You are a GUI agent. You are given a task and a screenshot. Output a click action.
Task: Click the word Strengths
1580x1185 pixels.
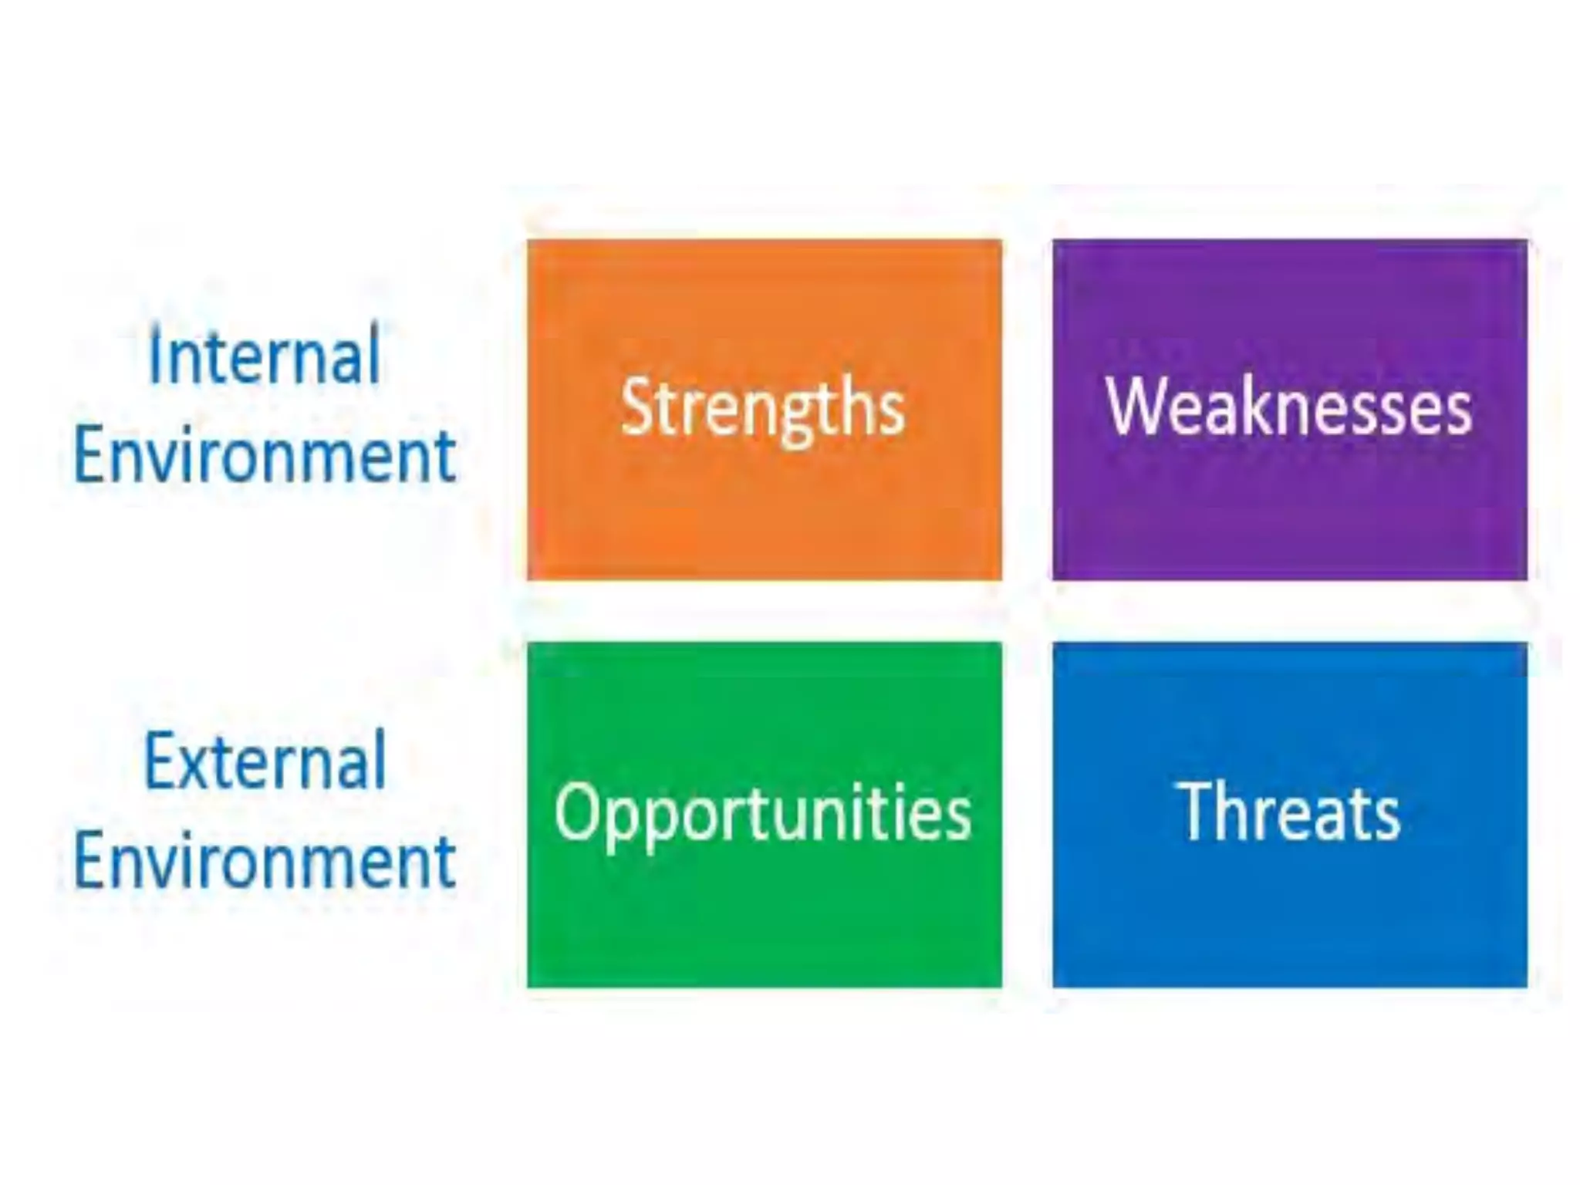[x=762, y=407]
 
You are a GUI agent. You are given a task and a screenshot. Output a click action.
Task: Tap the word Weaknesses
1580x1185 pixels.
[x=1288, y=407]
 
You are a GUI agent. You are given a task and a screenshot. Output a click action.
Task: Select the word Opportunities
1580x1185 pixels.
[x=762, y=812]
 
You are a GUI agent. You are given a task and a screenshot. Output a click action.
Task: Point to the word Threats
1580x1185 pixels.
[x=1288, y=812]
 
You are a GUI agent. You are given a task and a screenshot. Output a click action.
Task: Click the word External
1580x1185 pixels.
[x=264, y=762]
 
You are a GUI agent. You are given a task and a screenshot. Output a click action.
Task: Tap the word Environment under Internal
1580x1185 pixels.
[x=264, y=457]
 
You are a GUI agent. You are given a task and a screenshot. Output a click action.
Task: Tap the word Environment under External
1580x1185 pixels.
[x=264, y=861]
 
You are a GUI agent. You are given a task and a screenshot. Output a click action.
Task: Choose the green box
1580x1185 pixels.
[x=764, y=918]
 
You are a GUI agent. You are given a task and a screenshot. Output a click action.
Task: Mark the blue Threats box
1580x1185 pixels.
[x=1288, y=918]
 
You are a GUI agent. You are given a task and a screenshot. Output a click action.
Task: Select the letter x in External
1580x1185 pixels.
[x=197, y=768]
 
